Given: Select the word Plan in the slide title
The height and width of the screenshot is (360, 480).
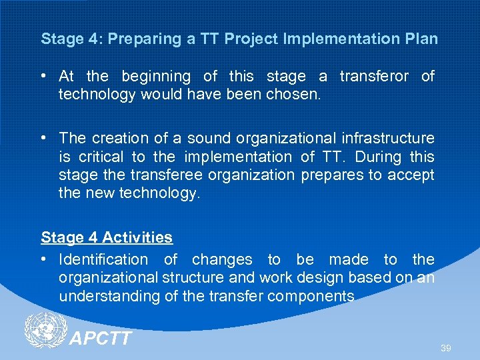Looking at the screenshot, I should [x=421, y=39].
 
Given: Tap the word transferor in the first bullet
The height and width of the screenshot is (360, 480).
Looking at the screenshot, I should [x=374, y=77].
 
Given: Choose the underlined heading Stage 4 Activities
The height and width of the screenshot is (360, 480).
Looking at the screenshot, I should [x=107, y=237].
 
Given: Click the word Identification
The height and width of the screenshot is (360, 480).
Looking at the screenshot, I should [x=103, y=259].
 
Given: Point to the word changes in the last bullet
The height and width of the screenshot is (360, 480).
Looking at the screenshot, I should [x=223, y=259].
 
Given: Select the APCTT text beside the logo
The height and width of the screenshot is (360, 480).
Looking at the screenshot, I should [x=101, y=339].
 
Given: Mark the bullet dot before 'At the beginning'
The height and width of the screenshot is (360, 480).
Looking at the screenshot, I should [x=45, y=77].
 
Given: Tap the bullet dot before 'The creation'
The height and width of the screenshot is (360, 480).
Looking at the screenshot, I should [x=45, y=139].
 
